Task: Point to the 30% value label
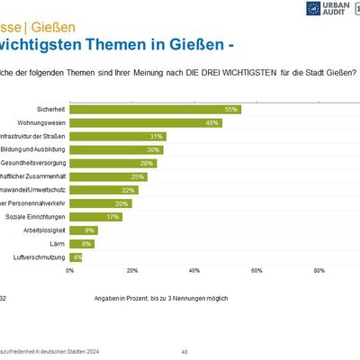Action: (154, 149)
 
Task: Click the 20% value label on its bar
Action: (122, 203)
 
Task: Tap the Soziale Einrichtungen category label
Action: (36, 217)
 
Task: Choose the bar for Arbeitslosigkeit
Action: (84, 230)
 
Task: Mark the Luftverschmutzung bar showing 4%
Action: (76, 257)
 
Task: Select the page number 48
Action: (184, 352)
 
